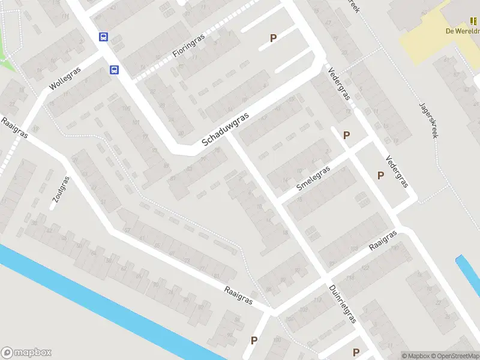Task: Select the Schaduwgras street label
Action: point(225,130)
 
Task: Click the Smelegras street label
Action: point(314,178)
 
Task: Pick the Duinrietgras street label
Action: point(343,304)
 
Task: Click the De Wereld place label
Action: point(462,31)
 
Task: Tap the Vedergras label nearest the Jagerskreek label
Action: point(397,172)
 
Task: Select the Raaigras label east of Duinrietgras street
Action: point(383,241)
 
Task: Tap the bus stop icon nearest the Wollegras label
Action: point(113,70)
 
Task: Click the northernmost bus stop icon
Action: point(103,37)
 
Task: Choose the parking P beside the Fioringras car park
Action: point(273,38)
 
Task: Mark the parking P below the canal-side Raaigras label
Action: point(254,340)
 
